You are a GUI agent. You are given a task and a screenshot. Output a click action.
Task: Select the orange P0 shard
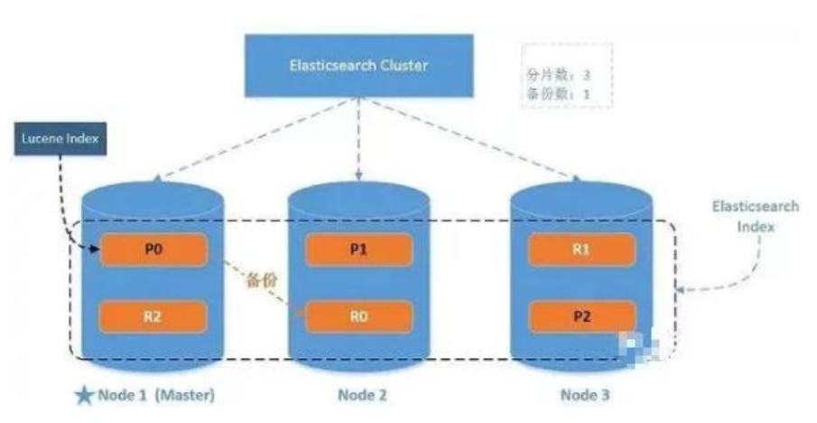pyautogui.click(x=154, y=249)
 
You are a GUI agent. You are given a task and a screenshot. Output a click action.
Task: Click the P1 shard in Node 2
pyautogui.click(x=358, y=249)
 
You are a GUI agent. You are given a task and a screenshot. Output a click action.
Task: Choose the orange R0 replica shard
pyautogui.click(x=358, y=316)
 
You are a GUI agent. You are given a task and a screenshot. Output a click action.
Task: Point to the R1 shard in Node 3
pyautogui.click(x=580, y=249)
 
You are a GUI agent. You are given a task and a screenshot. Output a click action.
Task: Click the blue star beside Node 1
pyautogui.click(x=85, y=395)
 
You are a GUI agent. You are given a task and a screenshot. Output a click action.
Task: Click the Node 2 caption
pyautogui.click(x=362, y=395)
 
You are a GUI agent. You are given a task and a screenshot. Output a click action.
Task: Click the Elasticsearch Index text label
pyautogui.click(x=755, y=216)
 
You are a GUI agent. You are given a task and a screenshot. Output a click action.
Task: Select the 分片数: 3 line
pyautogui.click(x=558, y=76)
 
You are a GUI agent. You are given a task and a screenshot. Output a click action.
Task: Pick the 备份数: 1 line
pyautogui.click(x=558, y=94)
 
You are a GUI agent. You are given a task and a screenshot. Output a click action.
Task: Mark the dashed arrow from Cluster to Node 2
pyautogui.click(x=359, y=136)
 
